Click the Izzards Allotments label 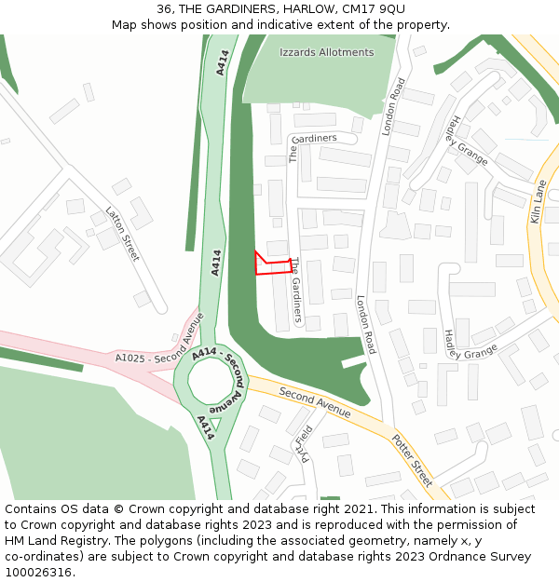pyautogui.click(x=326, y=53)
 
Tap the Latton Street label pyautogui.click(x=122, y=234)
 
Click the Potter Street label pyautogui.click(x=412, y=459)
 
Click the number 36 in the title pyautogui.click(x=164, y=9)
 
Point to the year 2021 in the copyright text pyautogui.click(x=360, y=509)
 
